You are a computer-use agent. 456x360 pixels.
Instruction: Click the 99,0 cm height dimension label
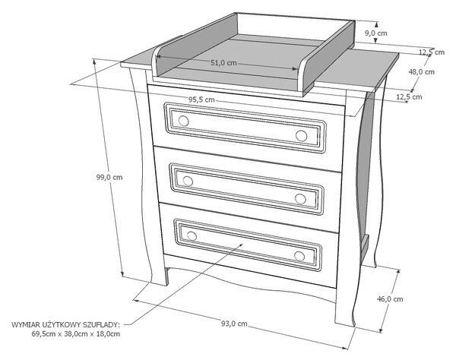(109, 177)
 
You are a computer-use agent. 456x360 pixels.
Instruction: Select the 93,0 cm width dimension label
(234, 324)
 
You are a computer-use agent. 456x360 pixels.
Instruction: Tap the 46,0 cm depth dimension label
(390, 299)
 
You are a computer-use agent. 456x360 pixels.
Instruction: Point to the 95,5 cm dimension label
(202, 99)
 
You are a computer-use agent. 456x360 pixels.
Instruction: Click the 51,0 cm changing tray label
(223, 63)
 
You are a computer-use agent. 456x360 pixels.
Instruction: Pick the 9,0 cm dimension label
(376, 33)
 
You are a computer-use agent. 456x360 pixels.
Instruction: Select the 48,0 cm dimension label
(421, 71)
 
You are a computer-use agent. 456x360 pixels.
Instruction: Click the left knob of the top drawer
(183, 121)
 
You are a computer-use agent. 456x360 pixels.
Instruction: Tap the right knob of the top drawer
(301, 136)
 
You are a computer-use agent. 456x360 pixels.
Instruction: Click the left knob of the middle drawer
(188, 181)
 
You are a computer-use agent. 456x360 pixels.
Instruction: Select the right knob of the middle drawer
(300, 199)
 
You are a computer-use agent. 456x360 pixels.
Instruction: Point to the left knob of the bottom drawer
(192, 235)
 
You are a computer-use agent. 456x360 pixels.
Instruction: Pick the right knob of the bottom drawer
(299, 256)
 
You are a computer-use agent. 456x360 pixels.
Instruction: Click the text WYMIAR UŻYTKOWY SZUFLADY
(65, 324)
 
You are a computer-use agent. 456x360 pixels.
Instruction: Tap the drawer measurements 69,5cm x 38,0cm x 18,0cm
(75, 334)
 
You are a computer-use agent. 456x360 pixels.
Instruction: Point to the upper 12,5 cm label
(432, 52)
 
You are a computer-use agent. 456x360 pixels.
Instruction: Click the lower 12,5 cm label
(409, 96)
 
